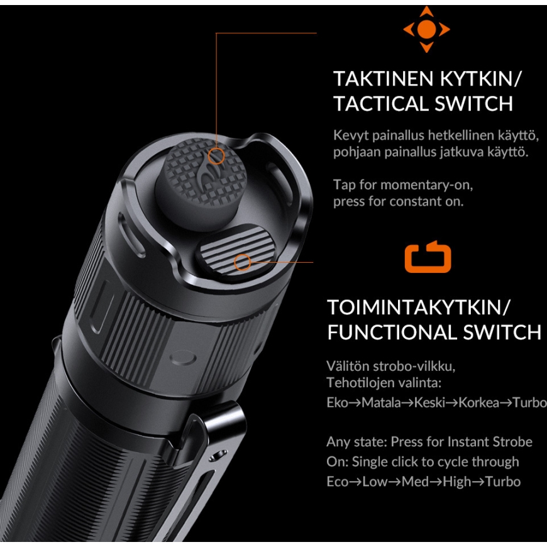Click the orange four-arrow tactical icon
[426, 30]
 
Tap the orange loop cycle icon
[428, 257]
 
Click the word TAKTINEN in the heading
[384, 79]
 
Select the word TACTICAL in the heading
[381, 104]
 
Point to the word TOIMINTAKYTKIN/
[419, 307]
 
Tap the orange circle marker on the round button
[216, 155]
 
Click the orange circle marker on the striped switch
[242, 262]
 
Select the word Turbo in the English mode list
[503, 482]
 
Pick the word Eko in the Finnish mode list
[338, 403]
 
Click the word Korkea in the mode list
[478, 403]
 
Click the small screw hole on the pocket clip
[219, 454]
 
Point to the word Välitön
[347, 366]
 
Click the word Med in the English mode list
[415, 482]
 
